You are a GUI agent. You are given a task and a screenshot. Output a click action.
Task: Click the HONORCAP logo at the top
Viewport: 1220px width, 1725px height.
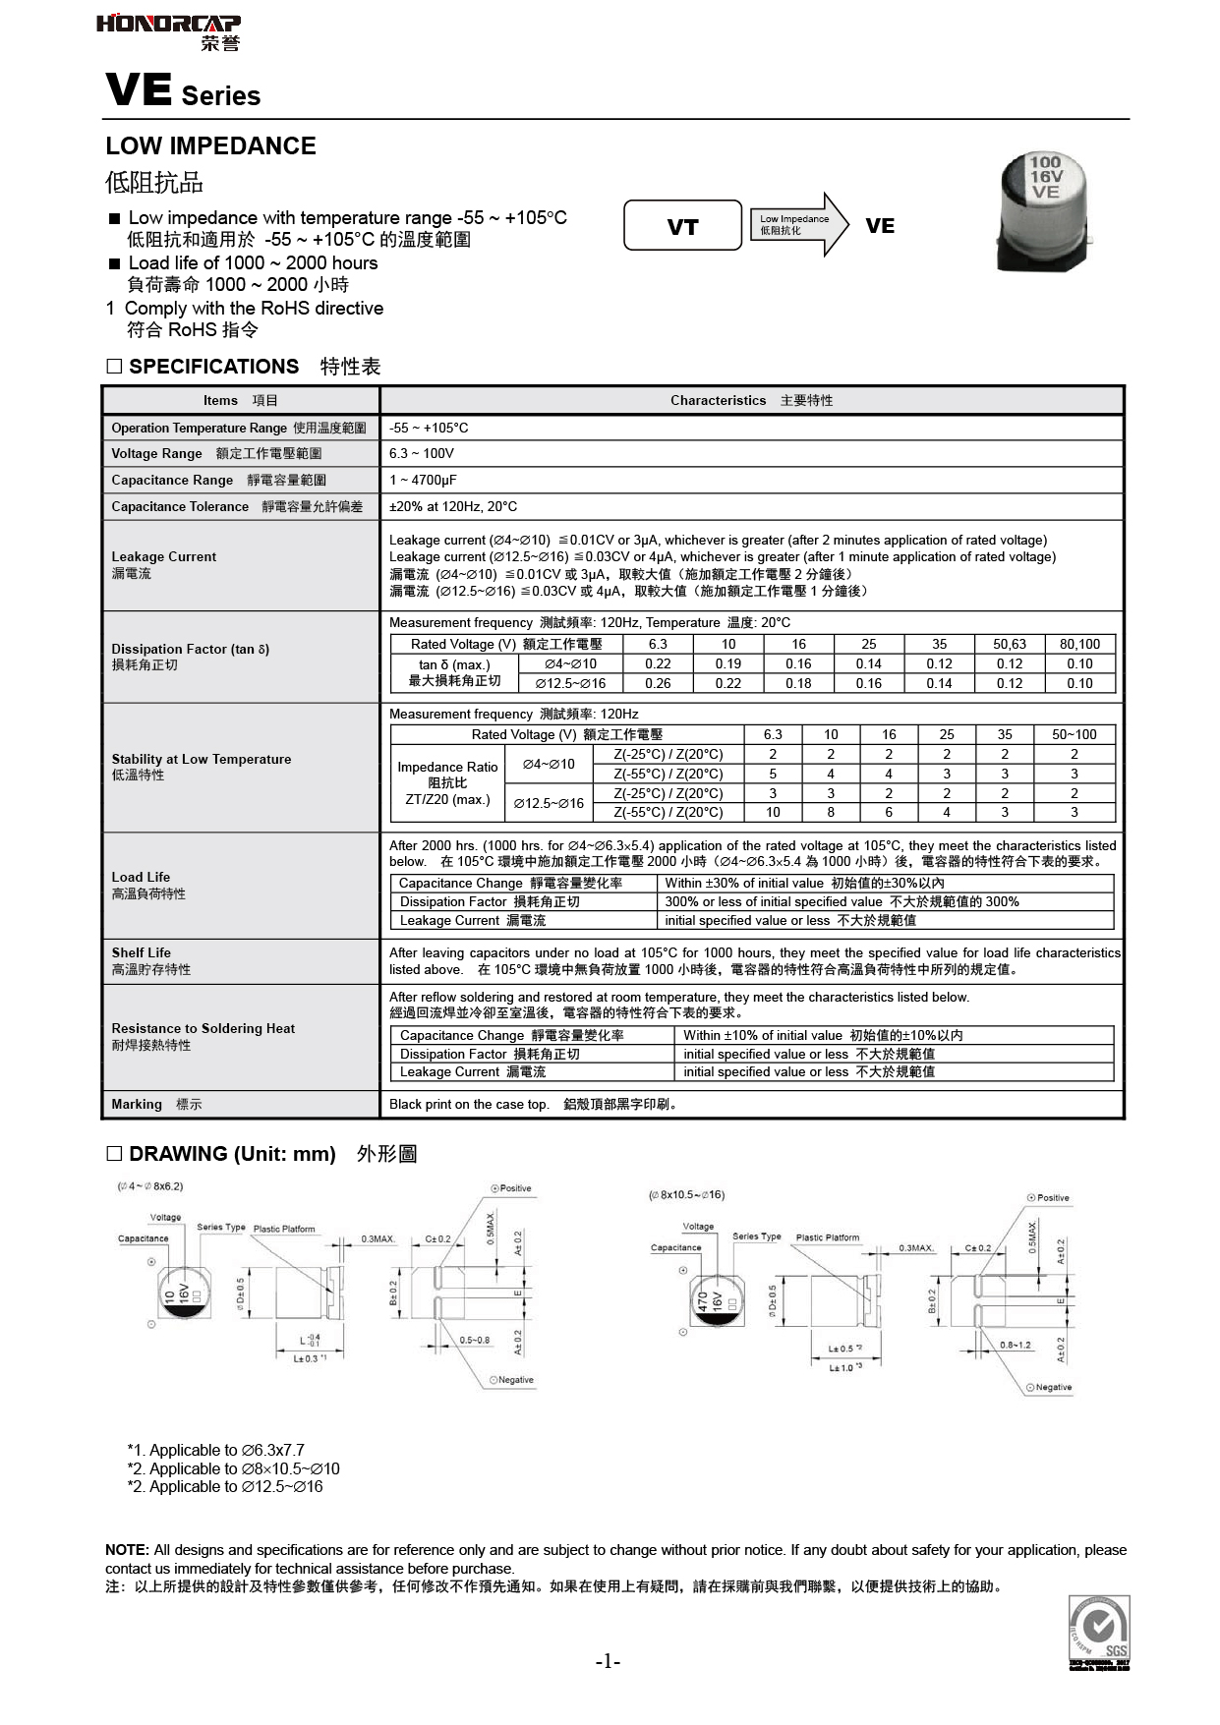(x=168, y=31)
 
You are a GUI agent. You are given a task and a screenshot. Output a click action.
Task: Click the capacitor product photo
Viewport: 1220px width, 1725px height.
(x=1043, y=211)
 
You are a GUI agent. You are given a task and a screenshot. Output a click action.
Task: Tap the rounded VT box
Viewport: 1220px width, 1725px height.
(x=682, y=227)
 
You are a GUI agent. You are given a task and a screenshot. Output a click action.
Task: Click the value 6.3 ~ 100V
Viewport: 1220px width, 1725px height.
(x=421, y=453)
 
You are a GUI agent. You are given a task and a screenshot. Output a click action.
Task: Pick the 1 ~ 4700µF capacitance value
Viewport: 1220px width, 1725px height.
(x=423, y=480)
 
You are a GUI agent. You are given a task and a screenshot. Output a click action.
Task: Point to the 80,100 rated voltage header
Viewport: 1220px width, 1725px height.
(x=1079, y=644)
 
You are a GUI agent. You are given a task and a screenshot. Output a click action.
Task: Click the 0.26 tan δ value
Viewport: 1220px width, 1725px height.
(x=658, y=683)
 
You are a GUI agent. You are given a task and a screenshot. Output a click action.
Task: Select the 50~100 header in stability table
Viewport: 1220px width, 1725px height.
(x=1074, y=734)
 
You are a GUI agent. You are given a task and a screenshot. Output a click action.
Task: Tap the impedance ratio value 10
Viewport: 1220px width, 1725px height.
(x=773, y=813)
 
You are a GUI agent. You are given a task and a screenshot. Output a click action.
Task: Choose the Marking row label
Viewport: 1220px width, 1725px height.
(x=137, y=1104)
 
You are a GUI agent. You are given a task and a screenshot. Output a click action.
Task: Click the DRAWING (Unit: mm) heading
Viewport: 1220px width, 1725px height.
(x=232, y=1154)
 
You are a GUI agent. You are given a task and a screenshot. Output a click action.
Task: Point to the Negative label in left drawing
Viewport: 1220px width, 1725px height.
(x=514, y=1380)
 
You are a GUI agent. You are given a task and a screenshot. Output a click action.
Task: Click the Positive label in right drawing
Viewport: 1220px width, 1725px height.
(x=1052, y=1198)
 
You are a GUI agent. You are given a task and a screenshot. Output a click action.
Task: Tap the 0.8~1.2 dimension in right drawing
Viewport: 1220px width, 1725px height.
(x=1016, y=1345)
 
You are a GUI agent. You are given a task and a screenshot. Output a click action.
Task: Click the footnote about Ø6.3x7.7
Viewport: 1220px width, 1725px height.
(x=216, y=1450)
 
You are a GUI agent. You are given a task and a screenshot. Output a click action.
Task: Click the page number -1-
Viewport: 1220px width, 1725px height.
(x=609, y=1661)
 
